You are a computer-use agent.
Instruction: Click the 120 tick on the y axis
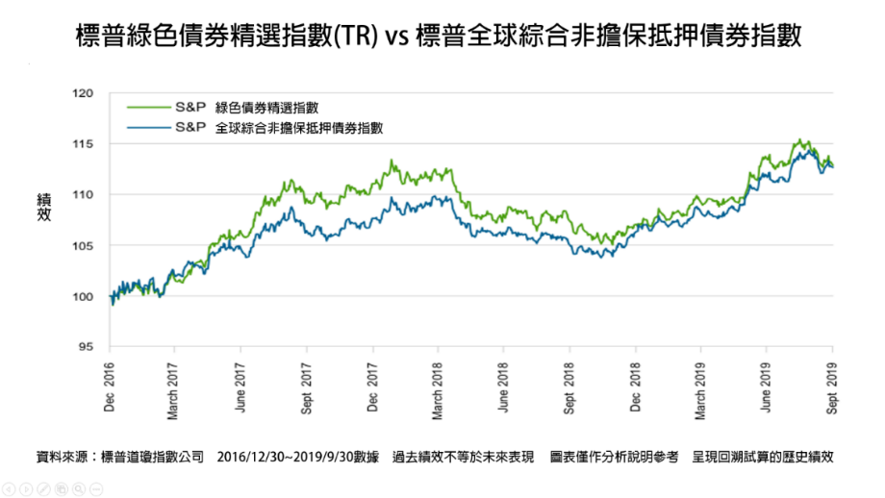click(83, 93)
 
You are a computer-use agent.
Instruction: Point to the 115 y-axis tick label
click(83, 144)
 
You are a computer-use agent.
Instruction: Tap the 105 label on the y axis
click(83, 245)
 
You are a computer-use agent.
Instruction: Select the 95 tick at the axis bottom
click(86, 346)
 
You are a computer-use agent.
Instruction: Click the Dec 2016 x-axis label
click(109, 386)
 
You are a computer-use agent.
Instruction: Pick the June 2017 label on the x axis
click(240, 387)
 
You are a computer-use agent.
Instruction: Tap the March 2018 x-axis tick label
click(437, 391)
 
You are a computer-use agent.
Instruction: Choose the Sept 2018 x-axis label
click(569, 388)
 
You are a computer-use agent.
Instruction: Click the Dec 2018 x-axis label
click(635, 386)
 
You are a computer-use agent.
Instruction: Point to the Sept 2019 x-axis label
click(831, 388)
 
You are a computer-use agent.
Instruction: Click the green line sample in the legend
click(148, 107)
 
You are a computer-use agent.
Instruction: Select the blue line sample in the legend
click(148, 128)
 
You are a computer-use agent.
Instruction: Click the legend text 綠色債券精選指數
click(266, 108)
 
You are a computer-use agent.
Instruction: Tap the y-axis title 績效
click(44, 207)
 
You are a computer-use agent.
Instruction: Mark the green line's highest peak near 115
click(799, 139)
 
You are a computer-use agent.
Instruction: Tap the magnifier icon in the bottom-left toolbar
click(79, 489)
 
